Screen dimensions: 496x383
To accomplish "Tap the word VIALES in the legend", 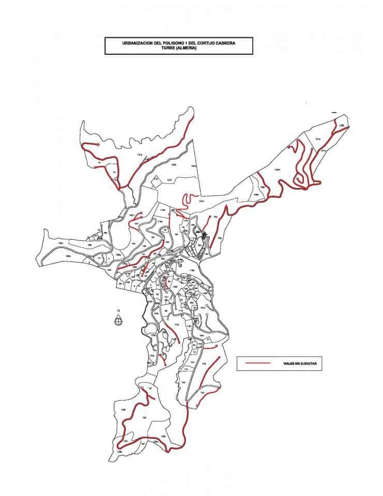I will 283,364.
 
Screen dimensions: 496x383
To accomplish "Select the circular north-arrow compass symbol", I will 118,320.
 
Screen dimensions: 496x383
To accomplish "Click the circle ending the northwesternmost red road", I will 98,145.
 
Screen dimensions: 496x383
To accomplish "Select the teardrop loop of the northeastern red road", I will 298,179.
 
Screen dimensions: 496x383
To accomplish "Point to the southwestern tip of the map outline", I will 109,459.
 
